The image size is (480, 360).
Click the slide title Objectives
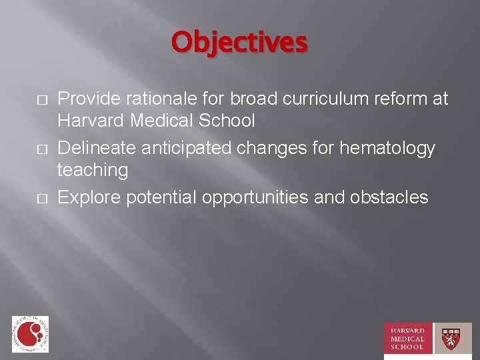pos(239,41)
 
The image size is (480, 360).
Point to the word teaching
pos(93,170)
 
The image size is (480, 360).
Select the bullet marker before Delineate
pos(41,148)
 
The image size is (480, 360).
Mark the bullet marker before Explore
pos(41,197)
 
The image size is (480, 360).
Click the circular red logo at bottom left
pos(30,333)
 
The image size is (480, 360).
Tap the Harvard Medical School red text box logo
pos(408,338)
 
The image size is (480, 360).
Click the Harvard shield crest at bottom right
pos(453,338)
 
